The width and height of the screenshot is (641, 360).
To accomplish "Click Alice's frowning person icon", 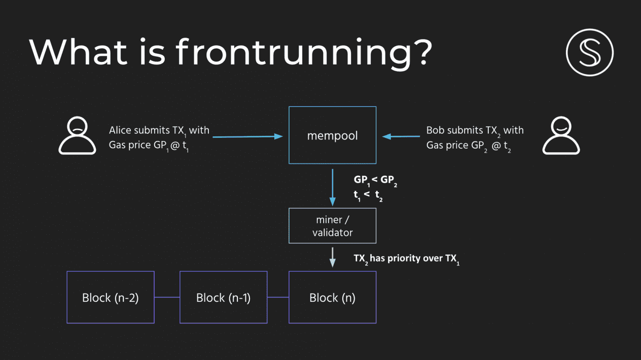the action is pyautogui.click(x=77, y=135).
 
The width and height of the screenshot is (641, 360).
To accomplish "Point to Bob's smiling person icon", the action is pyautogui.click(x=561, y=135).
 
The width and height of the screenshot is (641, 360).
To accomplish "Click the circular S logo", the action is pyautogui.click(x=590, y=52).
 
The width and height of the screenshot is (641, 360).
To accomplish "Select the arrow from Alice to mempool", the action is pyautogui.click(x=248, y=136).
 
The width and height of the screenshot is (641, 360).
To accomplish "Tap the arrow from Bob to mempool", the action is pyautogui.click(x=401, y=136).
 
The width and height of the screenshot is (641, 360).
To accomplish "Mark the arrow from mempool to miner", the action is pyautogui.click(x=333, y=188).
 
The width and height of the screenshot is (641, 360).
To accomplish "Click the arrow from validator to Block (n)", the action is pyautogui.click(x=333, y=257).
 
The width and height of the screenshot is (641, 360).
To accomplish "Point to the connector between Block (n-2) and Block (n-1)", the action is pyautogui.click(x=167, y=297).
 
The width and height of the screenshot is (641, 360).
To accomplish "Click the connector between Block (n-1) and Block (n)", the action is pyautogui.click(x=278, y=297).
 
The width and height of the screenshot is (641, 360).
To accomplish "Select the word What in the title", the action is pyautogui.click(x=78, y=52).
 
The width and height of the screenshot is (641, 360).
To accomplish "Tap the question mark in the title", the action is pyautogui.click(x=423, y=52).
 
